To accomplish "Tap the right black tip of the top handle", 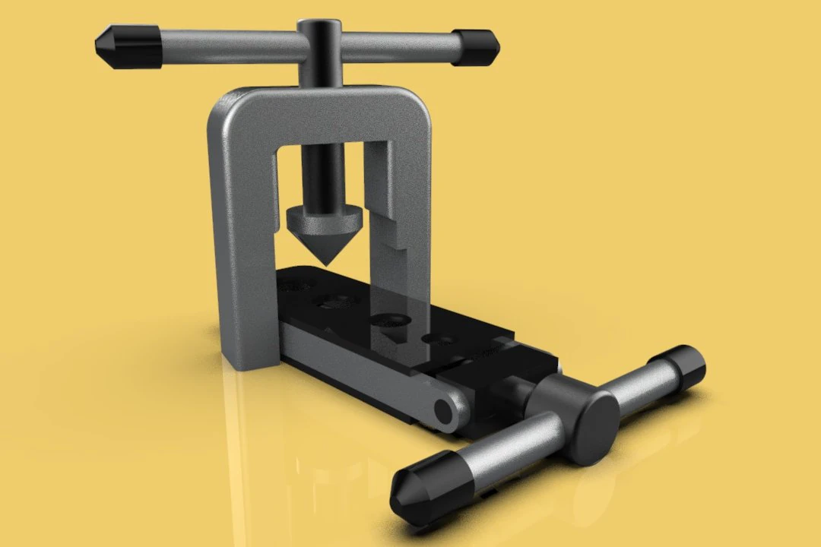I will (x=476, y=48).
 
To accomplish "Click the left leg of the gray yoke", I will (x=240, y=251).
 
